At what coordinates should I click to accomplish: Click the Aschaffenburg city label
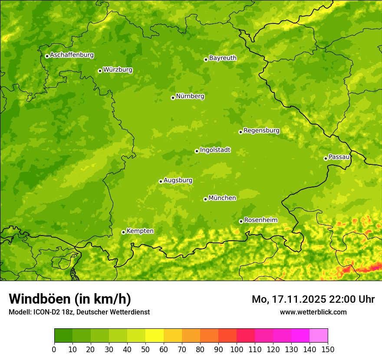tap(72, 55)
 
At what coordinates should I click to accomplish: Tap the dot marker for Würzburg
tap(100, 71)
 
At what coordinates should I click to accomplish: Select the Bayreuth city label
tap(223, 58)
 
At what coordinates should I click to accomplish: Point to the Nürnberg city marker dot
tap(173, 98)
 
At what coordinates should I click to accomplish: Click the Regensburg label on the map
tap(261, 131)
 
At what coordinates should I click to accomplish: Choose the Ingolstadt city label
tap(215, 150)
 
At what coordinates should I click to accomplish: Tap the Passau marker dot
tap(326, 158)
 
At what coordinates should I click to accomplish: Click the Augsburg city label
tap(178, 180)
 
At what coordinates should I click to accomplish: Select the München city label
tap(222, 198)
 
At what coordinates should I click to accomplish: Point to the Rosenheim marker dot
tap(241, 221)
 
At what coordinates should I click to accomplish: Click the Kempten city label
tap(140, 231)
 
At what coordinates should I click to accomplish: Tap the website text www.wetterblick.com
tap(313, 312)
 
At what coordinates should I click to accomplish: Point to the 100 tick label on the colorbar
tap(237, 349)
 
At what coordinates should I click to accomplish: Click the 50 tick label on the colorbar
tap(145, 349)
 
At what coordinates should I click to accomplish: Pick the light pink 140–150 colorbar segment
tap(318, 336)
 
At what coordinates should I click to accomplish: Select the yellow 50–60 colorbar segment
tap(155, 336)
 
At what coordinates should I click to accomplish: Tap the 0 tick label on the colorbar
tap(54, 349)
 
